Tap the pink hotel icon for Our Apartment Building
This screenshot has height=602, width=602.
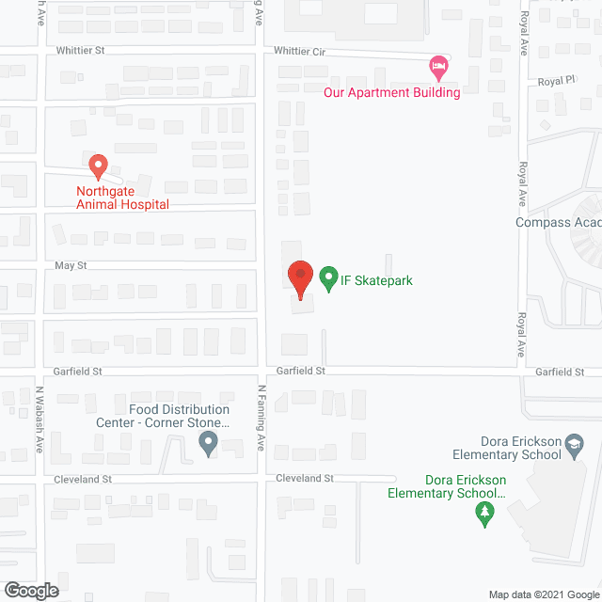coord(436,66)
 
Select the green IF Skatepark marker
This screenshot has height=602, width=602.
coord(328,278)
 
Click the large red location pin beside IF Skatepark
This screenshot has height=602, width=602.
coord(299,278)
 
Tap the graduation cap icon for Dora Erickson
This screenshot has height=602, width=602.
coord(575,445)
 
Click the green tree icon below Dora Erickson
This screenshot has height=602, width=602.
coord(484,514)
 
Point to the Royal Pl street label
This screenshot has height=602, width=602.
coord(555,82)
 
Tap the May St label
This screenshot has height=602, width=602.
coord(70,266)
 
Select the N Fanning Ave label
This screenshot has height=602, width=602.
coord(262,414)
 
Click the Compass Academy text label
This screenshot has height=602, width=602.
coord(558,223)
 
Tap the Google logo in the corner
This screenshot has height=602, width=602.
coord(30,590)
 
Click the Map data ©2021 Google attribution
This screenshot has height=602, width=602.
coord(543,594)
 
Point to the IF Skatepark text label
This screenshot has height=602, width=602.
coord(377,280)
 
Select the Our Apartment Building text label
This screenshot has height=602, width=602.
coord(391,92)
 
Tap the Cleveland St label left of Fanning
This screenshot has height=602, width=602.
coord(82,479)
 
